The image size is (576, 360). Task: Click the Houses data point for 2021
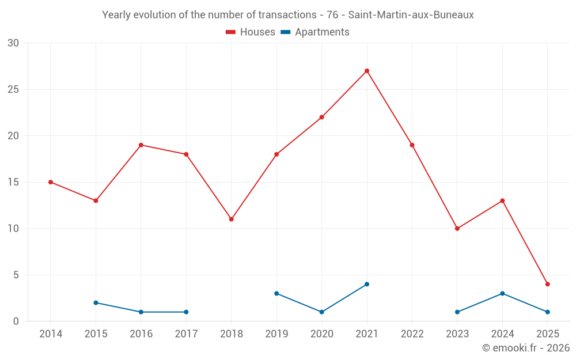click(x=367, y=71)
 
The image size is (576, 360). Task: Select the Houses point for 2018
click(x=231, y=219)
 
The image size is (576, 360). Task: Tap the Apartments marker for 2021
click(x=367, y=284)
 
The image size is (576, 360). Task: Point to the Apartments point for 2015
click(x=96, y=302)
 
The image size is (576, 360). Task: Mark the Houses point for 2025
click(x=547, y=284)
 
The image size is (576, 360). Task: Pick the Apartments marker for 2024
click(x=502, y=293)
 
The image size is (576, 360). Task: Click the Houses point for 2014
click(x=51, y=182)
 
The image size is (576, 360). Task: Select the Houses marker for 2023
click(x=457, y=229)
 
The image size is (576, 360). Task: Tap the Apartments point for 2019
click(x=276, y=293)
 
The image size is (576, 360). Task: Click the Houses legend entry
click(x=251, y=32)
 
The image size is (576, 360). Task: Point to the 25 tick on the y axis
click(x=13, y=89)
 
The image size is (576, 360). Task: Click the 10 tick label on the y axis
click(x=13, y=229)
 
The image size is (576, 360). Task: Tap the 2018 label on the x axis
click(x=231, y=334)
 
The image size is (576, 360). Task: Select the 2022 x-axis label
click(x=412, y=334)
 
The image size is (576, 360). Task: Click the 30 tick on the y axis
click(x=13, y=43)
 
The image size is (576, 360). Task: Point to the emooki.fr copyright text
click(x=525, y=348)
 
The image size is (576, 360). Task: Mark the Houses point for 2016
click(x=141, y=145)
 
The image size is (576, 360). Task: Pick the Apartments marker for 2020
click(x=321, y=312)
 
